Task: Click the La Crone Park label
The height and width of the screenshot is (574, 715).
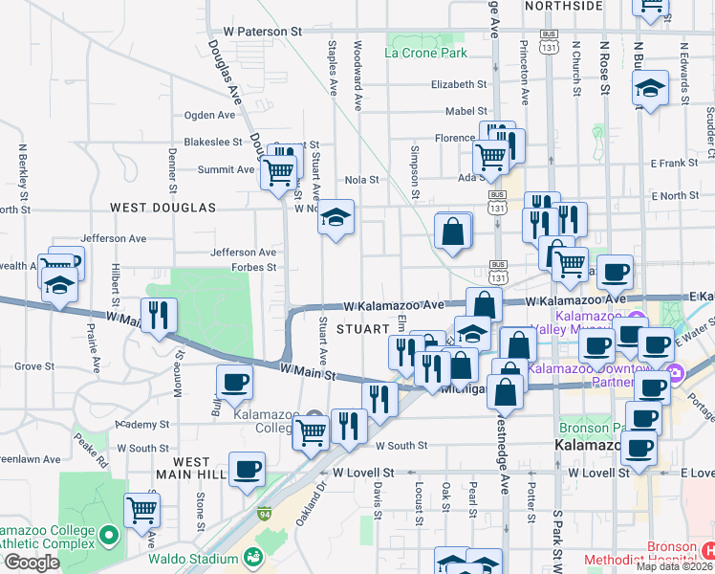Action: [425, 53]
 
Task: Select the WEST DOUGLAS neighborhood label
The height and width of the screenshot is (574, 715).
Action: [162, 207]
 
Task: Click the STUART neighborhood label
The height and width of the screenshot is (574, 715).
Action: [359, 329]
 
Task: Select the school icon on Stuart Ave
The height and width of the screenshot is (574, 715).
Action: [336, 217]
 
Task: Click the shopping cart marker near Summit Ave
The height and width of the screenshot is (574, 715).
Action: [279, 171]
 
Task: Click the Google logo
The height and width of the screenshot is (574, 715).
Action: [31, 563]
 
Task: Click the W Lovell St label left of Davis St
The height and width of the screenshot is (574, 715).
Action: [363, 473]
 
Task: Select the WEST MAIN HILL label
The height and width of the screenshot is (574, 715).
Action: [192, 468]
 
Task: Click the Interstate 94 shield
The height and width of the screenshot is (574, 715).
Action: [264, 515]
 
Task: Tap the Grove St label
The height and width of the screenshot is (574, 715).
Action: [34, 365]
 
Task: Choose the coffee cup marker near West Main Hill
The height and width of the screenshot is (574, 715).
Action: [248, 469]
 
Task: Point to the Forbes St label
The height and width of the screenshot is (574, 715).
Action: [253, 268]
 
